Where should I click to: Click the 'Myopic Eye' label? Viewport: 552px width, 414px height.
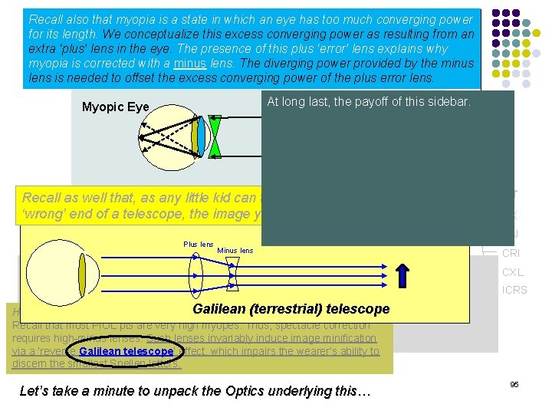(115, 107)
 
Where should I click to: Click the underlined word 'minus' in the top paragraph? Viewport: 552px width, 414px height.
(191, 64)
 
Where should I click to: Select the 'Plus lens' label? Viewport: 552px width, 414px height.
(198, 245)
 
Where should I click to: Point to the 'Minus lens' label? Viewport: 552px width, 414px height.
(235, 251)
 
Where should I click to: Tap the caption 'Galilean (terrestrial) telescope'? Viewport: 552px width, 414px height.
(291, 309)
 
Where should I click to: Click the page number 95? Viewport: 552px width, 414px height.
(514, 384)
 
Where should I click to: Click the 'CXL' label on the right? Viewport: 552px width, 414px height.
(512, 272)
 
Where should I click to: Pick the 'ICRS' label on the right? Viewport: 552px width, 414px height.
(514, 290)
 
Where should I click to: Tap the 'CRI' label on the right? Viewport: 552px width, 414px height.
(511, 253)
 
